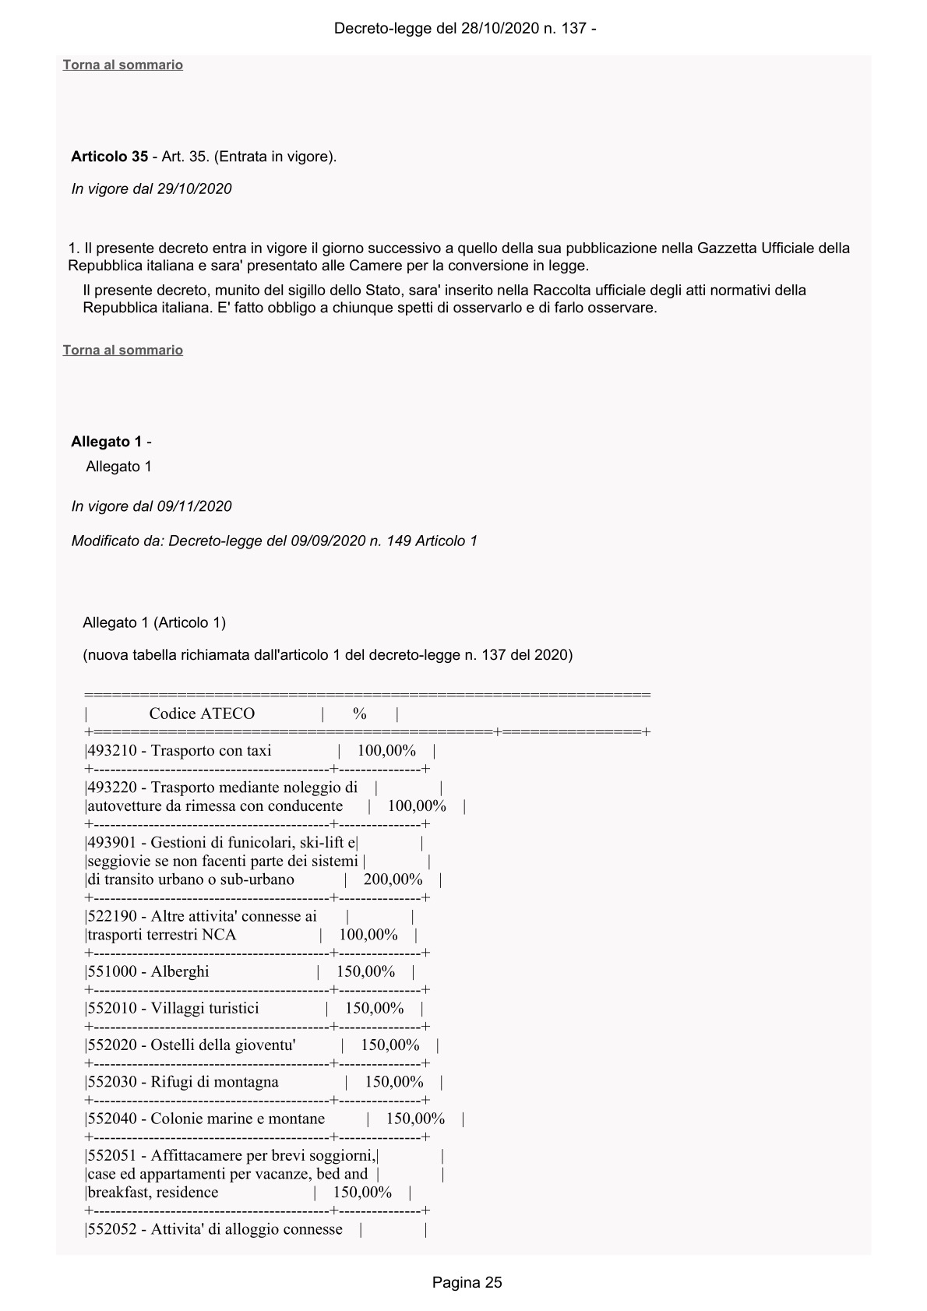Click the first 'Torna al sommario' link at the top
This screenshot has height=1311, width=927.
pyautogui.click(x=122, y=65)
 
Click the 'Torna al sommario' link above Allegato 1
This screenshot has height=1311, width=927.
pyautogui.click(x=122, y=350)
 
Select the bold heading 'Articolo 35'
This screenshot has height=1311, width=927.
pyautogui.click(x=109, y=157)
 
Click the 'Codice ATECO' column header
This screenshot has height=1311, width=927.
pyautogui.click(x=202, y=714)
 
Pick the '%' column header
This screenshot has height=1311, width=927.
pyautogui.click(x=359, y=714)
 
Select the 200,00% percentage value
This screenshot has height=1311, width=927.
pyautogui.click(x=393, y=879)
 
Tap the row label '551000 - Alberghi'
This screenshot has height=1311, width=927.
pyautogui.click(x=148, y=971)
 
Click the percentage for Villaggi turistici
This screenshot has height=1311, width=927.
pyautogui.click(x=374, y=1008)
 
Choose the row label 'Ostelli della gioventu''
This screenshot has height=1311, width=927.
pyautogui.click(x=223, y=1045)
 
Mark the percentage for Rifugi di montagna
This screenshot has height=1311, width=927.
pyautogui.click(x=394, y=1082)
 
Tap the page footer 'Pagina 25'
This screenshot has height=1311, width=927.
pyautogui.click(x=467, y=1282)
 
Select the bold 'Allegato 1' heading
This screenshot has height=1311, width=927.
pyautogui.click(x=106, y=442)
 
